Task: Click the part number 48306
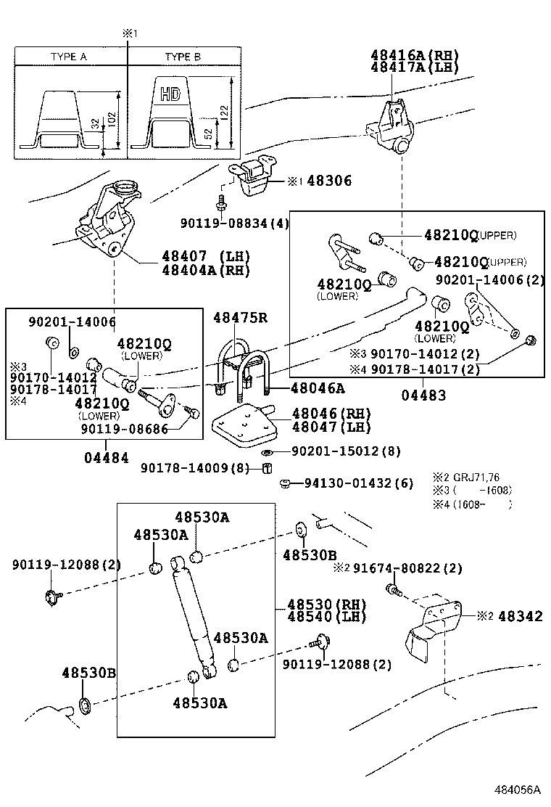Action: tap(329, 181)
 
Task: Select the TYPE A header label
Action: tap(69, 57)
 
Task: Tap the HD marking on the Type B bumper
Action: tap(170, 94)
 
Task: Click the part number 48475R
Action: tap(240, 317)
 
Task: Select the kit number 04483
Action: tap(423, 396)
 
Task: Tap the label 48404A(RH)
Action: tap(205, 270)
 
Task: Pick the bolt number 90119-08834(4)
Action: tap(235, 224)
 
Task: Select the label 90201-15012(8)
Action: tap(346, 451)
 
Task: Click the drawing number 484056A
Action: tap(518, 790)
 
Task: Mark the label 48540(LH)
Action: tap(326, 617)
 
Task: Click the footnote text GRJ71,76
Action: tap(480, 477)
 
